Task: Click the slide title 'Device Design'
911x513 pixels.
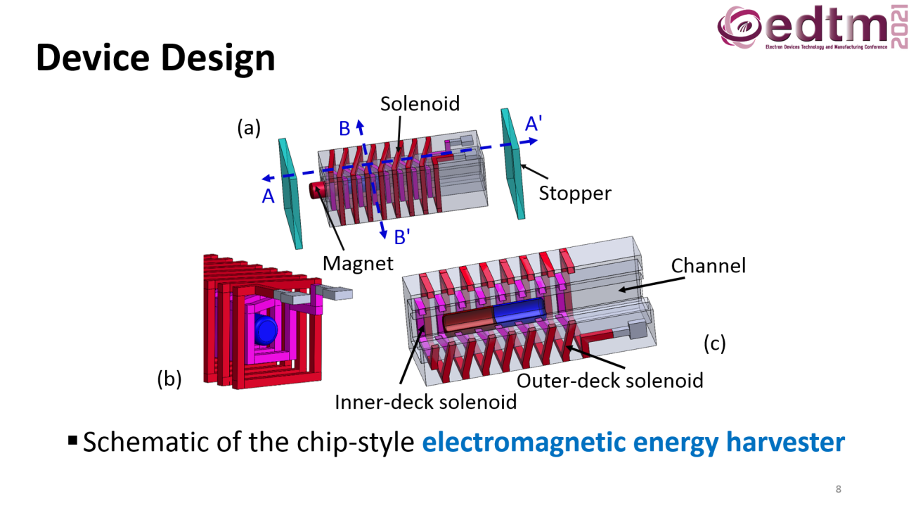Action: (155, 58)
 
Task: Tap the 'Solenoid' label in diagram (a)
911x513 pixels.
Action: (420, 104)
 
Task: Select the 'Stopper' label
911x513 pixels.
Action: (575, 194)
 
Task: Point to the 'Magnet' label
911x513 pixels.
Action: (358, 263)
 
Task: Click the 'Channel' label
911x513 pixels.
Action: (708, 266)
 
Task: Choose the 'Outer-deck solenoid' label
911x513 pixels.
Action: (609, 381)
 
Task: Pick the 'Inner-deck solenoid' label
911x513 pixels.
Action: (425, 403)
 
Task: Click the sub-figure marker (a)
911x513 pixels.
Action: (249, 128)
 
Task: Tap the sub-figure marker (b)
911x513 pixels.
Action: (169, 379)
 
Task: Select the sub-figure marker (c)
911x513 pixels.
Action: (715, 343)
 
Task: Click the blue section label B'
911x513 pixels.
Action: (402, 237)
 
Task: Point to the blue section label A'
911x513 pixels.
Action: (534, 123)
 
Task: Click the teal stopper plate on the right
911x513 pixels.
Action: (513, 164)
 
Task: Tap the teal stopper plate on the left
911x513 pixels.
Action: (290, 194)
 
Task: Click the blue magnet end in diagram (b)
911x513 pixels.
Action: (266, 330)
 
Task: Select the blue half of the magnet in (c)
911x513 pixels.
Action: (519, 311)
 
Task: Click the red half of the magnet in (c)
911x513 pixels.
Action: (469, 320)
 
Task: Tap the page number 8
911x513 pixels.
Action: (838, 489)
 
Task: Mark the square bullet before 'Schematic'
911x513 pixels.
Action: (73, 440)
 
